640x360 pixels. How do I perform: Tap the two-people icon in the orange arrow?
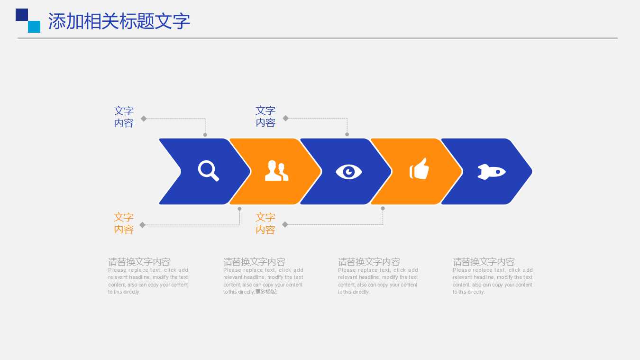pos(276,171)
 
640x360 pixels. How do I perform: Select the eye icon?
pos(349,171)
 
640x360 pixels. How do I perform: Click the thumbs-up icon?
pos(420,169)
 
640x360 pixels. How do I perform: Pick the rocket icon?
pos(491,171)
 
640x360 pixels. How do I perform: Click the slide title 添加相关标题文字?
pos(119,21)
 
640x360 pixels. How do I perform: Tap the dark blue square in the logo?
pos(22,15)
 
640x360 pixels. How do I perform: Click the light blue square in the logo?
pos(34,27)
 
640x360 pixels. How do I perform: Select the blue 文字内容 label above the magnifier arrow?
pos(124,117)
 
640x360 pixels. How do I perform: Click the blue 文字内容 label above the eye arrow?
pos(265,117)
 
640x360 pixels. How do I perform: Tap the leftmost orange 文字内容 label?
pos(124,223)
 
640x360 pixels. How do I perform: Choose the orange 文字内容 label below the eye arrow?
pos(265,223)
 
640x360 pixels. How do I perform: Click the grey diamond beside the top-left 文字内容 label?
pos(144,119)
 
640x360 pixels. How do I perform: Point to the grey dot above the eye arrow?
pos(347,134)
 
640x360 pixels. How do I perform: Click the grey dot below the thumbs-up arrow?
pos(383,208)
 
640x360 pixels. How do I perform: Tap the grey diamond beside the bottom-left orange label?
pos(142,225)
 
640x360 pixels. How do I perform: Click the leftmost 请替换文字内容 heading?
pos(139,261)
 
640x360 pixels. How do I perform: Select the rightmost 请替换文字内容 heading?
pos(484,261)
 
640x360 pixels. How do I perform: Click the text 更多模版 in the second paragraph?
pos(266,292)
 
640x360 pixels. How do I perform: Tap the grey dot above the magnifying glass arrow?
pos(205,135)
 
